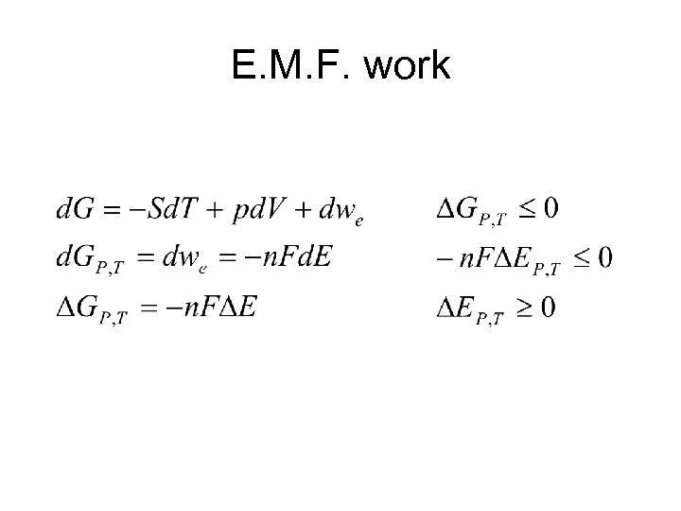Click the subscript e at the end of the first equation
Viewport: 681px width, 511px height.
(358, 222)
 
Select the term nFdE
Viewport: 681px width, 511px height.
(298, 257)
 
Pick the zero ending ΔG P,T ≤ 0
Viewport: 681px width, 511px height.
(550, 207)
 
